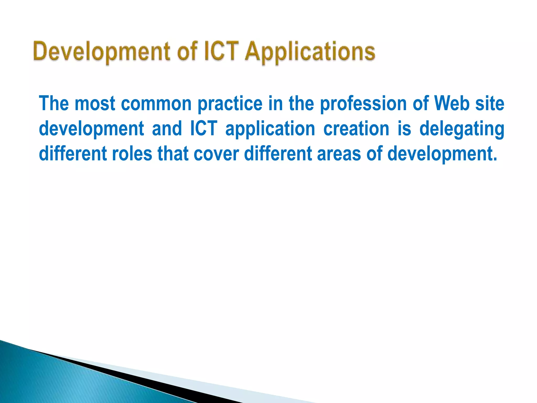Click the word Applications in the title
pos(310,52)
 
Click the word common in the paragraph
pos(156,103)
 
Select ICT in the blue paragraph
pos(204,129)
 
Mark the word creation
pos(356,129)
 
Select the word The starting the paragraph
pos(54,103)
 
